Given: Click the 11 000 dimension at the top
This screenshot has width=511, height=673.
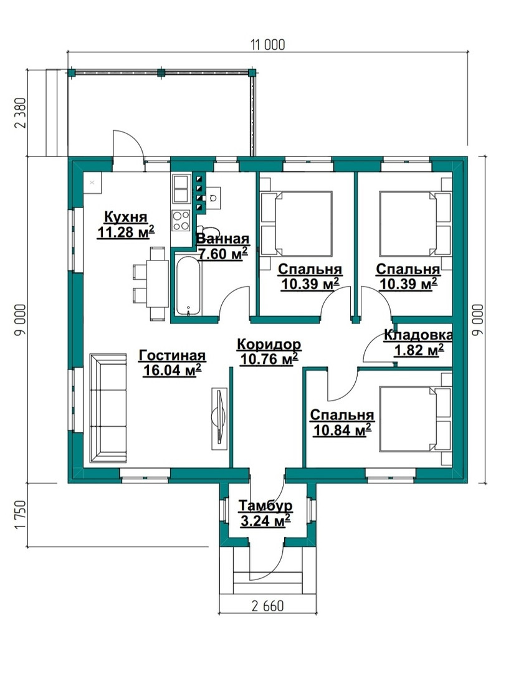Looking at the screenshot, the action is [x=268, y=45].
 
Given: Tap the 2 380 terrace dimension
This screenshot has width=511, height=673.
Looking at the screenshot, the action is [x=21, y=113].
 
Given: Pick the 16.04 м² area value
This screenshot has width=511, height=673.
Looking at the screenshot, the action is [x=171, y=370].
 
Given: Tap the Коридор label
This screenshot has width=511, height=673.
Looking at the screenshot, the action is [x=269, y=344].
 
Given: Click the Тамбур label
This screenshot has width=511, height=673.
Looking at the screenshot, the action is [x=265, y=505].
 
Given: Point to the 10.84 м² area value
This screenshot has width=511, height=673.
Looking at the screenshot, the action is [x=342, y=429].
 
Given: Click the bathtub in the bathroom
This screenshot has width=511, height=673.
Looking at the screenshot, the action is [x=188, y=286].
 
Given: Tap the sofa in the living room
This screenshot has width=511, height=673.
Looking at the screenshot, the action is [x=108, y=408].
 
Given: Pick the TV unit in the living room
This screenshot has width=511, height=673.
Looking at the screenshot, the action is [x=219, y=418].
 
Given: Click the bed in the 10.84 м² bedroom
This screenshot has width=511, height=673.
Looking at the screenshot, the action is [x=415, y=419].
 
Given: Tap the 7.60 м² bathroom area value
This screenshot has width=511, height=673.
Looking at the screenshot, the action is [x=222, y=254].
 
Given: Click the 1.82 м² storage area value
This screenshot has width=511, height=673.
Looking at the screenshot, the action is [x=418, y=351].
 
